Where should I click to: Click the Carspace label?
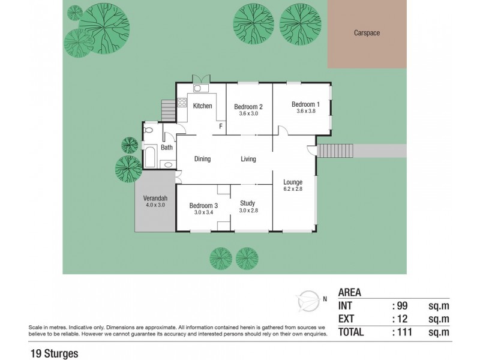[367, 34]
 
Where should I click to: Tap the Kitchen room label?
[202, 106]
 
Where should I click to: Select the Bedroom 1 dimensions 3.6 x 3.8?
[306, 111]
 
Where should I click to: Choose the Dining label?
[202, 159]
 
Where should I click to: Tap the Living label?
[248, 159]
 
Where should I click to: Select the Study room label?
[248, 203]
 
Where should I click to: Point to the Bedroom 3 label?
[202, 205]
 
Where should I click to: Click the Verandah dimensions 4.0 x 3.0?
[155, 205]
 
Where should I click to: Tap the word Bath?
[167, 147]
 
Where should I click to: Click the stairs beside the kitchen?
[168, 111]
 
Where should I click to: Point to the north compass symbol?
[309, 298]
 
